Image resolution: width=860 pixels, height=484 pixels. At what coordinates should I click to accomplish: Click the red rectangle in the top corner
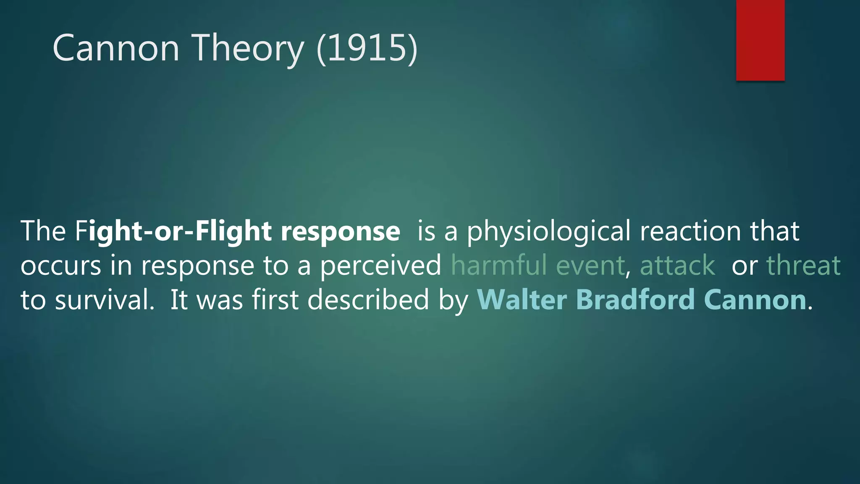[760, 40]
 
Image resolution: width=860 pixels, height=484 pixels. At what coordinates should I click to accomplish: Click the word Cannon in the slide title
[116, 48]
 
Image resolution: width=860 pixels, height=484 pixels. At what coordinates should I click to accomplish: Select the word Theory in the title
[248, 49]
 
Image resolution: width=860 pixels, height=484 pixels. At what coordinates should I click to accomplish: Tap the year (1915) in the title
[367, 49]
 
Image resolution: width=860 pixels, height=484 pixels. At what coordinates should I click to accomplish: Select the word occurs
[61, 266]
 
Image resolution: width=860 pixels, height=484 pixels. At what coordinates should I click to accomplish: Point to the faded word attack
[677, 266]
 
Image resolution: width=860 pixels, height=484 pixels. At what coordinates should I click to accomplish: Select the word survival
[105, 300]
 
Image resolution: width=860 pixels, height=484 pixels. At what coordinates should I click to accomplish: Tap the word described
[368, 300]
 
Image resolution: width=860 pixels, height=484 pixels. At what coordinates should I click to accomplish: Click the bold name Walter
[522, 300]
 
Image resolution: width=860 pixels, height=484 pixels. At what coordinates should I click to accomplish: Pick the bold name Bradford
[635, 300]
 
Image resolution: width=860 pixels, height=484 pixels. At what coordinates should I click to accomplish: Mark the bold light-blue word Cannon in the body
[755, 300]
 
